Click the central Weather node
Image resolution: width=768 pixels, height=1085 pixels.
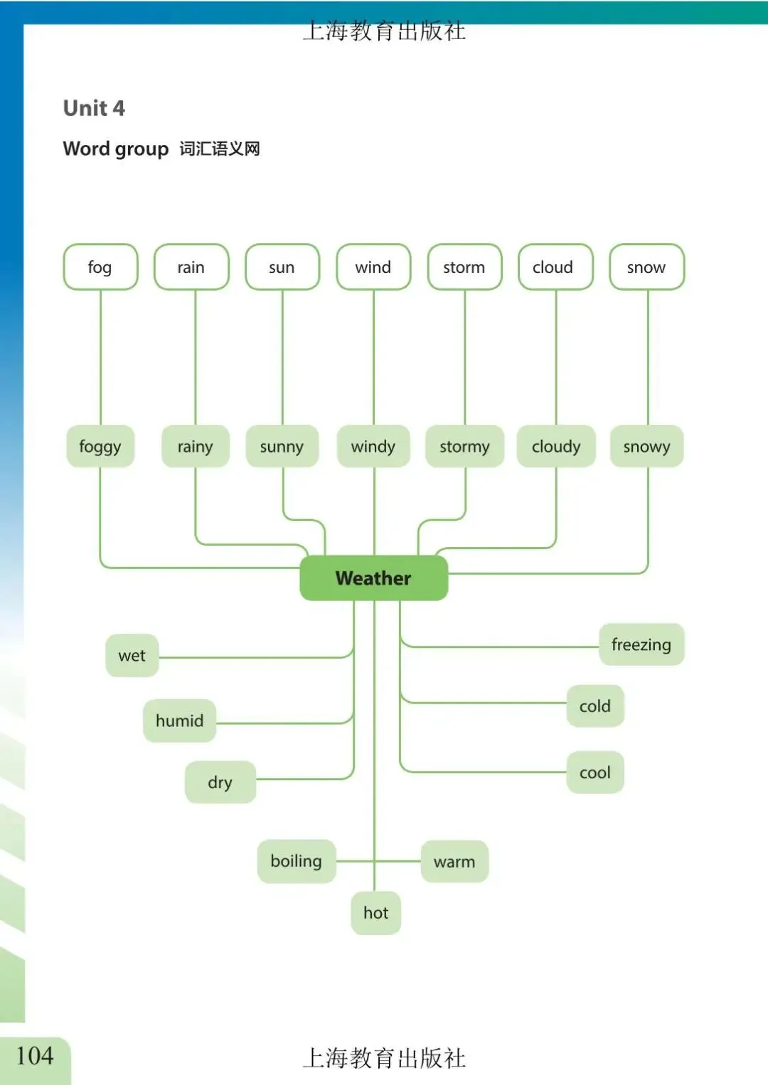click(x=373, y=578)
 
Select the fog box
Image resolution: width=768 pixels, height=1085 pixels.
click(x=100, y=267)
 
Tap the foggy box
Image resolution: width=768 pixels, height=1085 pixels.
click(x=100, y=446)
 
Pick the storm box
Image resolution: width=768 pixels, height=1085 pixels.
click(x=464, y=267)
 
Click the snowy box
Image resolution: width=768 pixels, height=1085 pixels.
click(x=646, y=446)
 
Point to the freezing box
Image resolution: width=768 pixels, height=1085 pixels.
click(x=641, y=644)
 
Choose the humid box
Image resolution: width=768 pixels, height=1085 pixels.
click(x=179, y=720)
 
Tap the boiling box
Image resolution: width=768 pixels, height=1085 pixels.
click(x=296, y=861)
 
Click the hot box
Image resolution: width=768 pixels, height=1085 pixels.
click(x=375, y=912)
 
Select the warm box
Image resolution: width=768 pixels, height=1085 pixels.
click(x=454, y=861)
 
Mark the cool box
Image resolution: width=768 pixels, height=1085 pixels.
click(x=595, y=772)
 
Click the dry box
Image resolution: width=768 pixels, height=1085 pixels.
click(x=220, y=782)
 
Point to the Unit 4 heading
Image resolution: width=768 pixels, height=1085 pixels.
click(x=94, y=108)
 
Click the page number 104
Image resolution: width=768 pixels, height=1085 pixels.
click(x=35, y=1056)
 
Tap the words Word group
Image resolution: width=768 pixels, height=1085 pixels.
click(x=116, y=149)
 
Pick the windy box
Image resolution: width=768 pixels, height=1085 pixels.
click(x=373, y=446)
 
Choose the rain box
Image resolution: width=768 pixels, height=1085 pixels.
click(x=191, y=267)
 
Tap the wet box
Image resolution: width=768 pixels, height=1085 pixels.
click(x=132, y=655)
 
